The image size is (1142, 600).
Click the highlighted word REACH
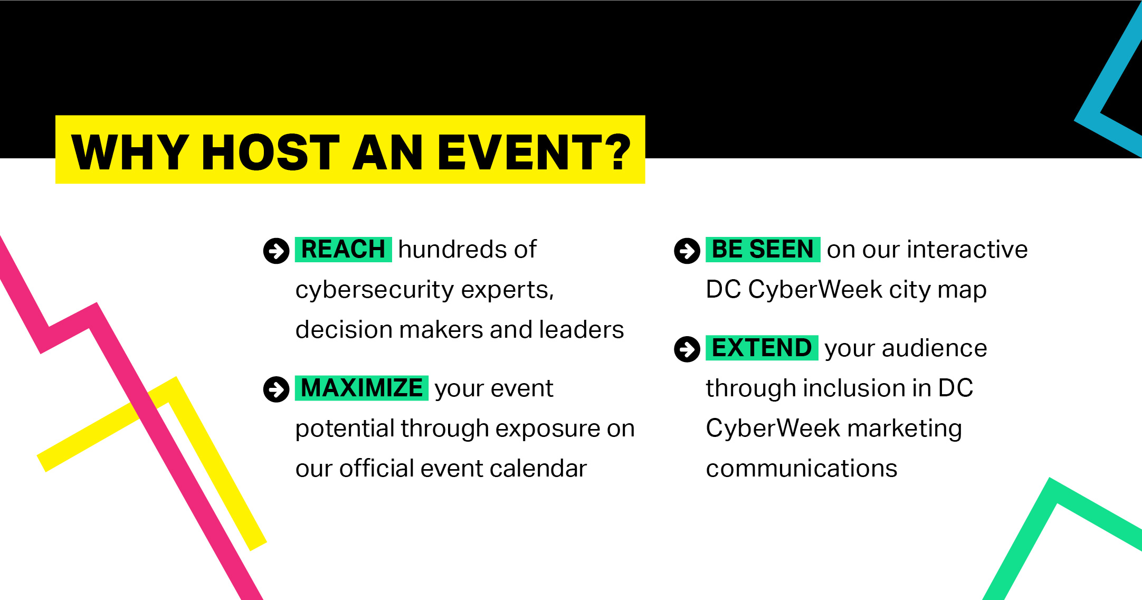343,249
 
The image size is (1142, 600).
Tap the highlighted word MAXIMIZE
361,388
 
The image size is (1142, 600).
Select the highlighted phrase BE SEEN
763,249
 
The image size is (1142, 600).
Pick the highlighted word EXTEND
762,348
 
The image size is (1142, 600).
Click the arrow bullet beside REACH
276,251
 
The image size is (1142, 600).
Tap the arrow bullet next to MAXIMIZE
276,389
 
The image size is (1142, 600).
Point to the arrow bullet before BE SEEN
687,251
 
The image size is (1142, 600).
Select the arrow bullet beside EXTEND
687,349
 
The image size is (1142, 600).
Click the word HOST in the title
271,152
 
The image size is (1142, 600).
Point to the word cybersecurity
375,290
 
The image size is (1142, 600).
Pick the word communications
802,469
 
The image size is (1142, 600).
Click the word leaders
582,330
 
